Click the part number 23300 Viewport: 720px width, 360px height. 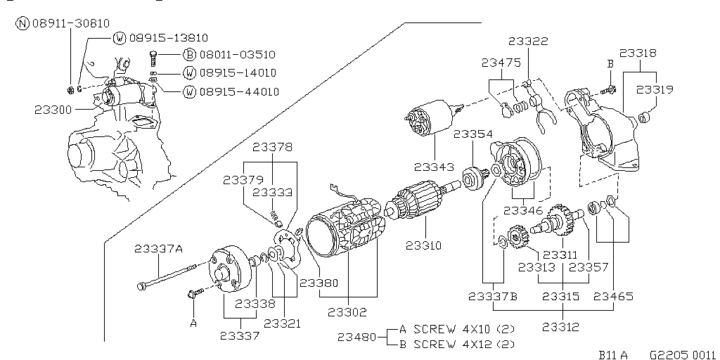(52, 110)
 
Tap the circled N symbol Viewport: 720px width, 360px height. (22, 23)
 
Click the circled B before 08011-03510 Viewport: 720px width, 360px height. (189, 54)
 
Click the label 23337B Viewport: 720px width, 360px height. (493, 297)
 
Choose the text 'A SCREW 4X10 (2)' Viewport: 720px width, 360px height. (457, 329)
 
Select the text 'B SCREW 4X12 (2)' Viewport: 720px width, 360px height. (457, 344)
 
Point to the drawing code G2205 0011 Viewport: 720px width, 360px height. (681, 355)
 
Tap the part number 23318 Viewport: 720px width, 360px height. (638, 53)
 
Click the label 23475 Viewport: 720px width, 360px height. (501, 63)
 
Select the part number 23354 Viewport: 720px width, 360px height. (472, 134)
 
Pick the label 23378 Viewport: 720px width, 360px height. (273, 147)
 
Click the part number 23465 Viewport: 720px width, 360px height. (614, 297)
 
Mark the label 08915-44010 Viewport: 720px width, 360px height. (239, 91)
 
